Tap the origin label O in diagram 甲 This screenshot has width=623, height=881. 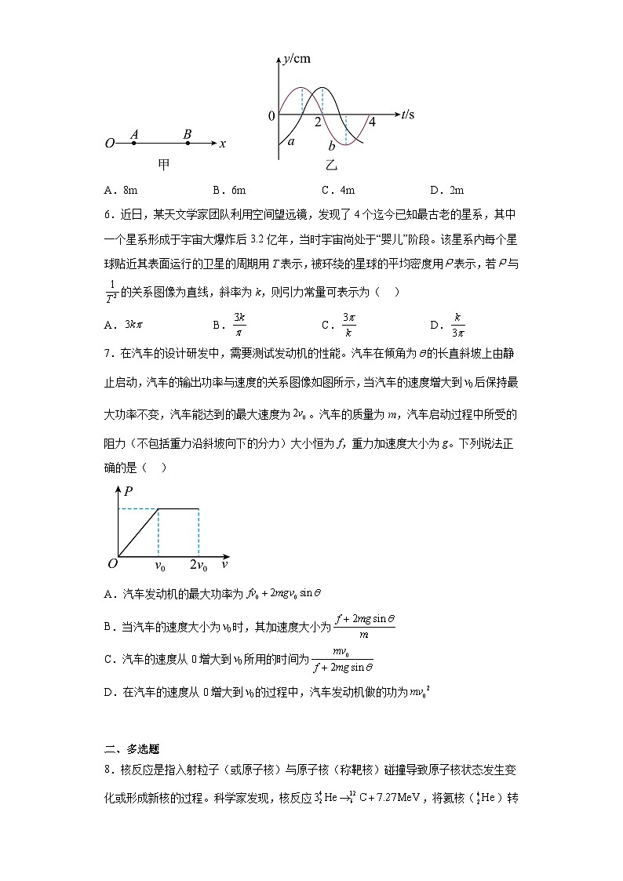pyautogui.click(x=109, y=144)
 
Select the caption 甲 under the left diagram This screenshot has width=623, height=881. pyautogui.click(x=164, y=165)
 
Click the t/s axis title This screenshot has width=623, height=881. pyautogui.click(x=407, y=115)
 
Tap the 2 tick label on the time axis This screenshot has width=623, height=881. pyautogui.click(x=318, y=122)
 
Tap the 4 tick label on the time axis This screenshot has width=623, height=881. pyautogui.click(x=372, y=122)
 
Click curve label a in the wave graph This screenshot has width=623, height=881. pyautogui.click(x=291, y=141)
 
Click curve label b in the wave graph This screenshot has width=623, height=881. pyautogui.click(x=332, y=146)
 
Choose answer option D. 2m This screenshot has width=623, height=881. pyautogui.click(x=446, y=190)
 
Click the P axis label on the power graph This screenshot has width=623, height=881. pyautogui.click(x=128, y=492)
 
